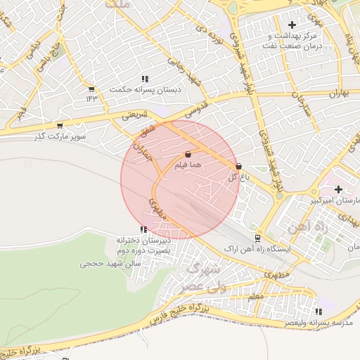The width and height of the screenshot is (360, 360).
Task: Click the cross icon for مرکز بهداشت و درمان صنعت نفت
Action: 292,25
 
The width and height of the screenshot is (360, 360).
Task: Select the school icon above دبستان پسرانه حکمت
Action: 145,79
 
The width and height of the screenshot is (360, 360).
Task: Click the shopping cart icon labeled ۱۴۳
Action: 91,89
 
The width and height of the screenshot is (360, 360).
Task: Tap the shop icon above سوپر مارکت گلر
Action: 60,126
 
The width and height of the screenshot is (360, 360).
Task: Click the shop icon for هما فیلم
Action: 188,154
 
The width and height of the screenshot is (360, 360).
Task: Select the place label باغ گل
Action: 238,177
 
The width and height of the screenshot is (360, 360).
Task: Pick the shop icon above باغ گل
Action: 238,167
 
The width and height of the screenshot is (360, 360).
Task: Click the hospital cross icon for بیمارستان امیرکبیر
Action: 339,189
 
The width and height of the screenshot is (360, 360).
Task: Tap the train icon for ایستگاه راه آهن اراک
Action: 257,238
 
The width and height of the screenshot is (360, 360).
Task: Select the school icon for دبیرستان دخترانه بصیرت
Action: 144,229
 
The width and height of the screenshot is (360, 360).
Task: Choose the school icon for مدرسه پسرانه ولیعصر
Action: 319,311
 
